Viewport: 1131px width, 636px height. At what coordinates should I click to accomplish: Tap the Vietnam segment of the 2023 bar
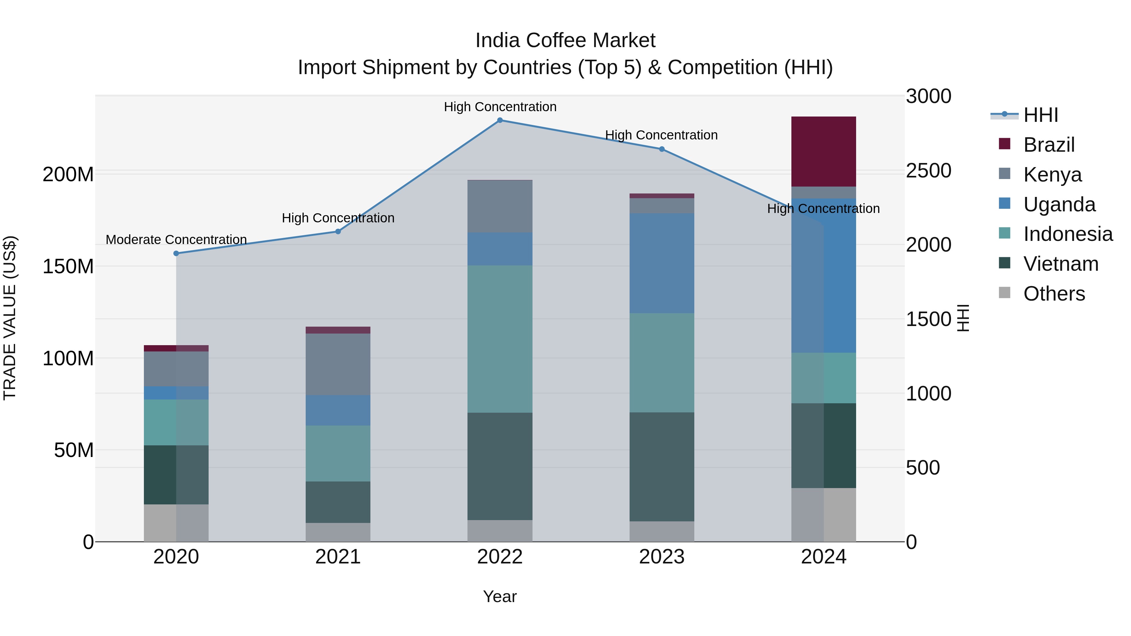662,467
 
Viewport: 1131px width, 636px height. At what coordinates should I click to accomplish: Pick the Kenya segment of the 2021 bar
338,364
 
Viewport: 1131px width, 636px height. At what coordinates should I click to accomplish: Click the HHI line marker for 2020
176,253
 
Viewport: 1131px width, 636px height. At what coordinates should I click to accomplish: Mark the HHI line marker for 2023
662,149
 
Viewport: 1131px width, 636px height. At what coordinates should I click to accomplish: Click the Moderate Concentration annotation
176,240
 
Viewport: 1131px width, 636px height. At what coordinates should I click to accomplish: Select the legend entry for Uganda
1059,204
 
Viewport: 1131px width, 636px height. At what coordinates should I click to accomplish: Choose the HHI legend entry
1041,115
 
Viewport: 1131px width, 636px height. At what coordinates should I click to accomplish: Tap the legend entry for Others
1054,294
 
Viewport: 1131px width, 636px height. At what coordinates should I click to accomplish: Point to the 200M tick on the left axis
68,175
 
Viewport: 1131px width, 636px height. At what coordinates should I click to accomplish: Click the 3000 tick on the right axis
928,96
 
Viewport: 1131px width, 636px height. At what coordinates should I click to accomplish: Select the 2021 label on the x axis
338,557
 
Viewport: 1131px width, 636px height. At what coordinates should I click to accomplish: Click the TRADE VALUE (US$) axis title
10,318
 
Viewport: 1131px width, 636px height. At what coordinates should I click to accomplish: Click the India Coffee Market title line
565,41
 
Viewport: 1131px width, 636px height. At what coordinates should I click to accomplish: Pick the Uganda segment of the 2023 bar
662,264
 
